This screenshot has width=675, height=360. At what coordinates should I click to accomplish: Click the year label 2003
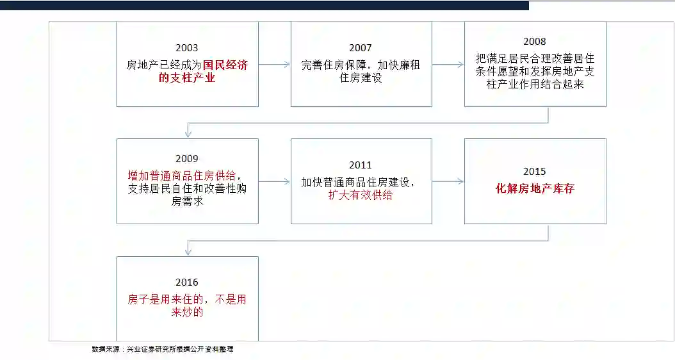pos(187,48)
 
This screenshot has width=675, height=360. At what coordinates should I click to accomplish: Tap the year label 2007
pos(361,48)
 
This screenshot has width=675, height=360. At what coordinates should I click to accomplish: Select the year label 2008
pos(535,42)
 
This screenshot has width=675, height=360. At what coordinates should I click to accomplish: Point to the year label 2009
pos(187,159)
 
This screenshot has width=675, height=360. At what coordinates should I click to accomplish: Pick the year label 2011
pos(361,165)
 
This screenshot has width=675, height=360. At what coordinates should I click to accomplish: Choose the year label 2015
pos(535,172)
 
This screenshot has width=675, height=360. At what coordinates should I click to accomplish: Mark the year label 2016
pos(187,282)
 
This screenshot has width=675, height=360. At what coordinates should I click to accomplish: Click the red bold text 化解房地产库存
pos(535,189)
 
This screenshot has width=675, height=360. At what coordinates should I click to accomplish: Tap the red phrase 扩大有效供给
pos(361,195)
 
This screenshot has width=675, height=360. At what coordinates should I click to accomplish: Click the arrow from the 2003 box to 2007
pos(274,64)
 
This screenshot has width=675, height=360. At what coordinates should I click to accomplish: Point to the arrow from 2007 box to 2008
pos(448,64)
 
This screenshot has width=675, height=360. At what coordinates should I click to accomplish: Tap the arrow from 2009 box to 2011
pos(274,181)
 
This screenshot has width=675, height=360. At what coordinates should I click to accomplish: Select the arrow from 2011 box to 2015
pos(448,181)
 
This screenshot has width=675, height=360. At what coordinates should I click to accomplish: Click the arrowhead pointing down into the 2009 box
pos(188,133)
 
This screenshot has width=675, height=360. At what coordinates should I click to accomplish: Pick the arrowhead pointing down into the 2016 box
pos(188,251)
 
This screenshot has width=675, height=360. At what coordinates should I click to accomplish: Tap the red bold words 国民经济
pos(225,65)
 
